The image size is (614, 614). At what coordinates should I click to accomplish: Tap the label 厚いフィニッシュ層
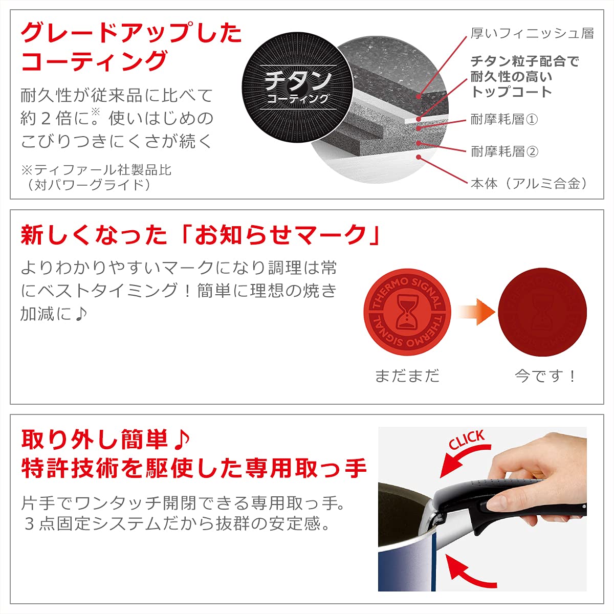[532, 34]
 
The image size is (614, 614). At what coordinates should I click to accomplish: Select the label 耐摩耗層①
[504, 120]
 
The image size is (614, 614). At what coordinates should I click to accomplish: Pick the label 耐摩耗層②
[504, 151]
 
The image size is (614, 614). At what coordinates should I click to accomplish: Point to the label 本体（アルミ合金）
[529, 184]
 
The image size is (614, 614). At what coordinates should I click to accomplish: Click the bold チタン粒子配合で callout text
[524, 61]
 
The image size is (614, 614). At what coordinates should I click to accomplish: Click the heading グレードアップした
[131, 33]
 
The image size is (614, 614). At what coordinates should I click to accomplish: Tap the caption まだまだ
[407, 376]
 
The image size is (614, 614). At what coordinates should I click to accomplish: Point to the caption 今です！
[545, 376]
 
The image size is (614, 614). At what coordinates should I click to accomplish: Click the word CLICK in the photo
[467, 440]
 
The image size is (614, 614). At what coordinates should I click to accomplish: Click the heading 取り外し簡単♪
[105, 439]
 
